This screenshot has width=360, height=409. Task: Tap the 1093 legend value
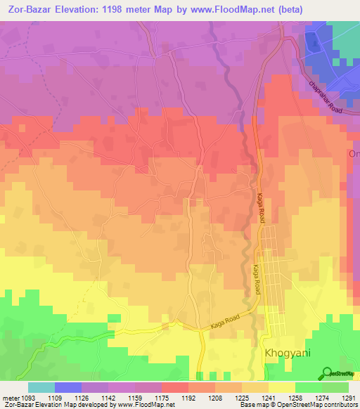(x=35, y=397)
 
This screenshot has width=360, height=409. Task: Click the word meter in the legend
(x=13, y=397)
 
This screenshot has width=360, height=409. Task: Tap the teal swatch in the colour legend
(x=41, y=387)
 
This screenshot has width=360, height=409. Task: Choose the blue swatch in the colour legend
(x=68, y=387)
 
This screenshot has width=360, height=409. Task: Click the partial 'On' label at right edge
(x=354, y=154)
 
